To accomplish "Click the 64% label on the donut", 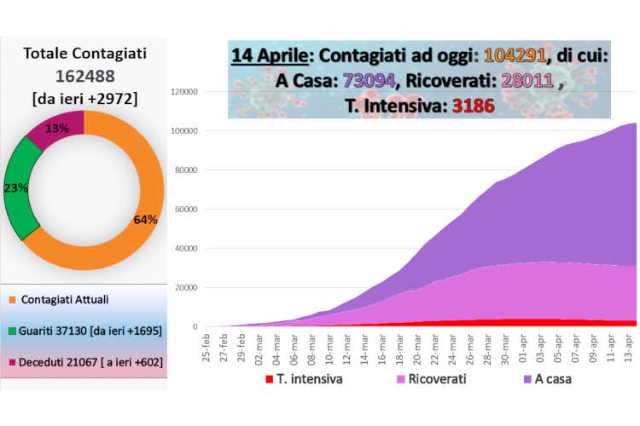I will pyautogui.click(x=145, y=219).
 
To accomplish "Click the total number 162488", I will pyautogui.click(x=84, y=76).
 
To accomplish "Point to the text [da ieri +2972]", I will pyautogui.click(x=84, y=98).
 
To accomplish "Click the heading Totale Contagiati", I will pyautogui.click(x=84, y=54).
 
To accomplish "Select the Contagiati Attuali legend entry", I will pyautogui.click(x=64, y=299).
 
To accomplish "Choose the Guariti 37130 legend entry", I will pyautogui.click(x=88, y=330).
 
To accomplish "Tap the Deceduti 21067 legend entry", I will pyautogui.click(x=88, y=362).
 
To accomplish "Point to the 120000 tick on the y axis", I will pyautogui.click(x=186, y=92).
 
